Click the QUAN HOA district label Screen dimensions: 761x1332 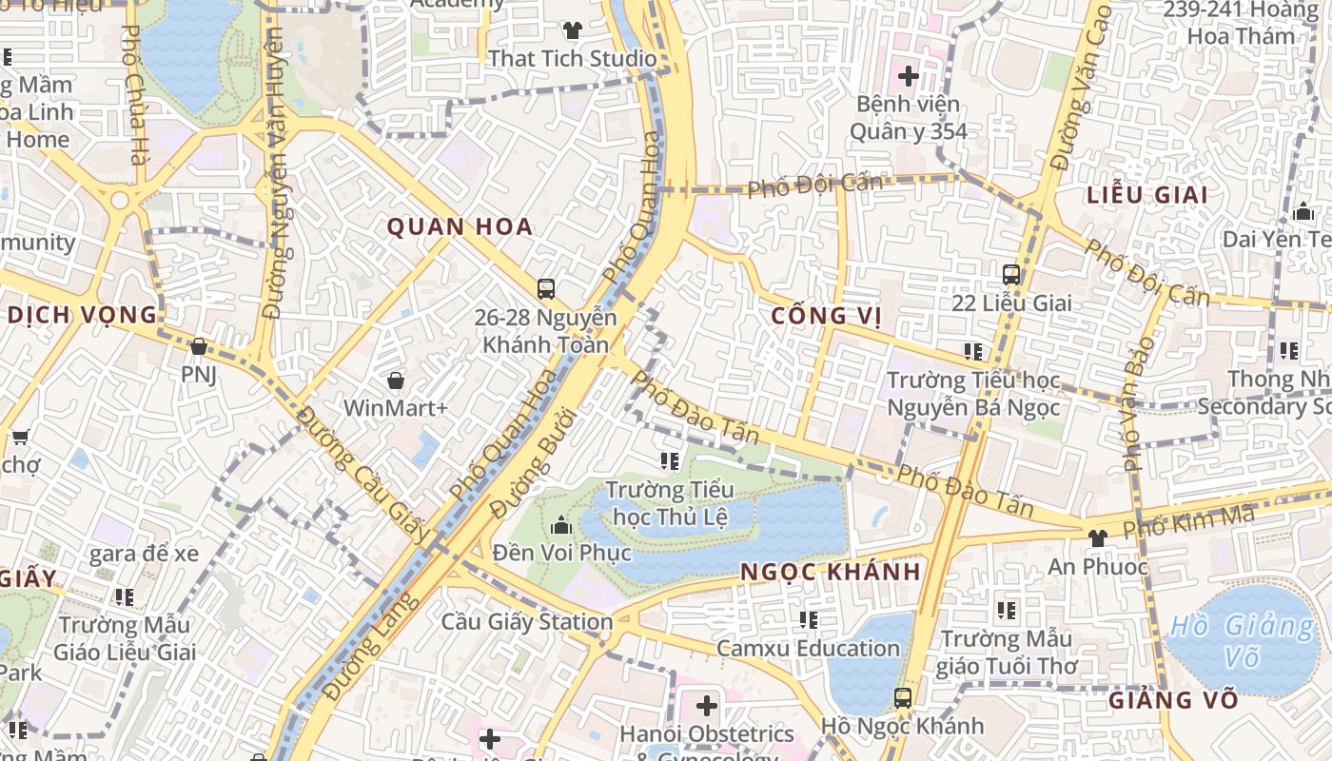point(460,226)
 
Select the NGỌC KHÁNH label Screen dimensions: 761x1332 point(831,572)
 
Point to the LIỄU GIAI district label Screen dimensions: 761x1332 point(1147,195)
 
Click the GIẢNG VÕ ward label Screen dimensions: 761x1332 point(1173,700)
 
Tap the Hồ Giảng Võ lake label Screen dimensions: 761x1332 point(1241,641)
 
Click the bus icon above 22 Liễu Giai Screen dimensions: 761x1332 point(1011,275)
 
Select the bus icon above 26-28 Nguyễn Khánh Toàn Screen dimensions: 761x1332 point(545,288)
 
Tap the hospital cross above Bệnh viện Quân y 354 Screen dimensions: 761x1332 point(908,74)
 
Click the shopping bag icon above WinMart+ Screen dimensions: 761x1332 point(396,380)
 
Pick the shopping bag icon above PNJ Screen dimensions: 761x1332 point(199,346)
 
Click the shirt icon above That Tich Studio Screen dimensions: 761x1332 point(572,30)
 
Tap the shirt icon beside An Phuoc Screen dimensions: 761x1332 point(1097,537)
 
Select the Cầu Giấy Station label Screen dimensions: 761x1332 point(526,622)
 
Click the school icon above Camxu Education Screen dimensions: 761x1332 point(809,620)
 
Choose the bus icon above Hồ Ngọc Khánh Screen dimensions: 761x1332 point(902,698)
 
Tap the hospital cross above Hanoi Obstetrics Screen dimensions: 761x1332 point(706,706)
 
